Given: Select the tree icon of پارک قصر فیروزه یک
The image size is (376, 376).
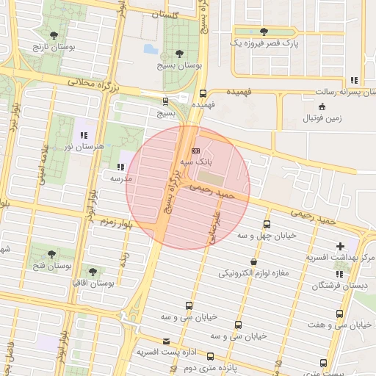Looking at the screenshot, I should coord(264,32).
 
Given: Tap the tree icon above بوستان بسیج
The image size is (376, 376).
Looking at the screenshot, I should coord(180,54).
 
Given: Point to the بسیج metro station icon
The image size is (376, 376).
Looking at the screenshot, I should coord(164,101).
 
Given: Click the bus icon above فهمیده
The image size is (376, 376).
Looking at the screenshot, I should coord(203,93).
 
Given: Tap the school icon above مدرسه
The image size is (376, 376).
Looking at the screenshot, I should coord(120,167).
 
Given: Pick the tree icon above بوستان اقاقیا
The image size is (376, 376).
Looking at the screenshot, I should coord(92,271).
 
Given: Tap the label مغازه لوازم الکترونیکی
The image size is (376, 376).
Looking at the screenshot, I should coord(254,273).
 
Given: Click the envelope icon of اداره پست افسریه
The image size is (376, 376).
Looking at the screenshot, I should coord(167,341).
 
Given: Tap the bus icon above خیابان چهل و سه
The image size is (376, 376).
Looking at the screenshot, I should coord(266,225).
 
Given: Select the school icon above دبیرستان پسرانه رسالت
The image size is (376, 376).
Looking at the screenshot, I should coord(355,80).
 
